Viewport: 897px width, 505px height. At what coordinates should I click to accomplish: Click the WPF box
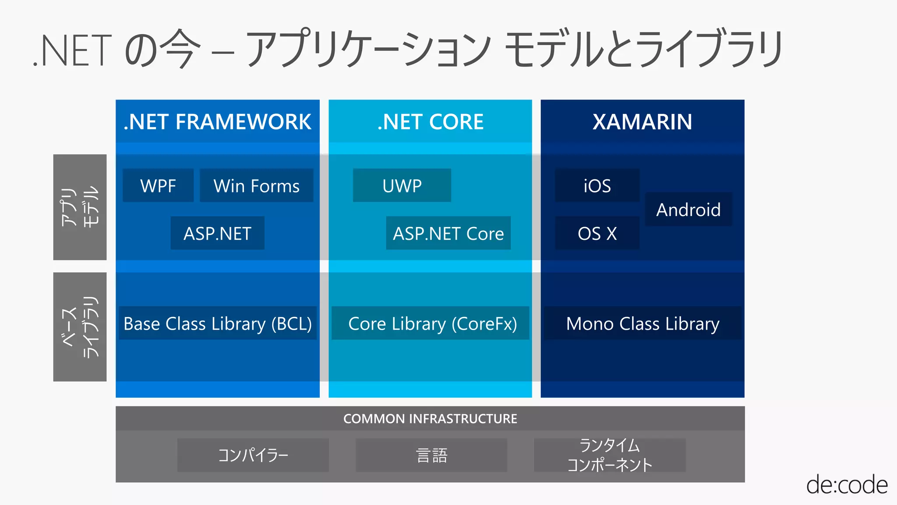click(158, 185)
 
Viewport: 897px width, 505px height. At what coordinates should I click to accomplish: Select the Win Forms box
click(256, 185)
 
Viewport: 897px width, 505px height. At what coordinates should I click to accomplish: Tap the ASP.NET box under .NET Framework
click(217, 233)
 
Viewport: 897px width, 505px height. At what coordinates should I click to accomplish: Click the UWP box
click(402, 185)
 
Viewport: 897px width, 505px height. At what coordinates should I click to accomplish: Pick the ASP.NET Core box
click(448, 233)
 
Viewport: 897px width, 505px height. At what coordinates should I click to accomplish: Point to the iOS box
click(597, 185)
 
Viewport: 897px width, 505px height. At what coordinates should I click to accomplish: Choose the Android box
click(688, 210)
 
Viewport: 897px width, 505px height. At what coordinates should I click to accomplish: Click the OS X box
click(597, 233)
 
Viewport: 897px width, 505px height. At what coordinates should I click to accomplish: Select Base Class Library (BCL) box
click(218, 324)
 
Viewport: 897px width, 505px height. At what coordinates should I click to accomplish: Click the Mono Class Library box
click(643, 324)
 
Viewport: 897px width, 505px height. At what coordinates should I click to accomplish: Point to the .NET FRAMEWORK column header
click(218, 121)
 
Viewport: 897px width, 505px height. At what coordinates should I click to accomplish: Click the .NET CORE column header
click(431, 121)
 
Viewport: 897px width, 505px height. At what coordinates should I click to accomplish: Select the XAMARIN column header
click(643, 121)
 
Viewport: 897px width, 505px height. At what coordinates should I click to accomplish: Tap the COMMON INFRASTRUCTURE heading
click(430, 419)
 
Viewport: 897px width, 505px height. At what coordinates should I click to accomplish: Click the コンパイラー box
click(253, 455)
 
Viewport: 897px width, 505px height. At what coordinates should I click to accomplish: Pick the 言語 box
click(431, 455)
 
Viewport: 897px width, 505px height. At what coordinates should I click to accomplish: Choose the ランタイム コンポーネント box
click(610, 455)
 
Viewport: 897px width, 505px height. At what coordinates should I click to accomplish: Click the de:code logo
click(847, 485)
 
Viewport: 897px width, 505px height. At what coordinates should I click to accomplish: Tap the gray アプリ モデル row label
click(80, 207)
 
